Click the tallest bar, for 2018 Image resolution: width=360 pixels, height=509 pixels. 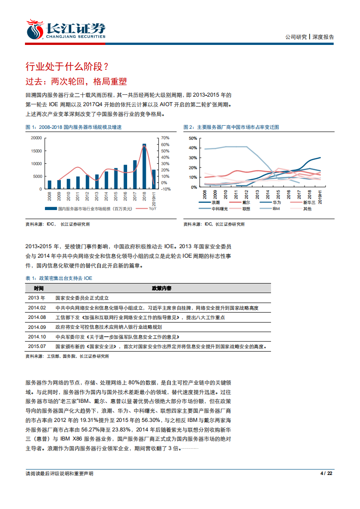144,166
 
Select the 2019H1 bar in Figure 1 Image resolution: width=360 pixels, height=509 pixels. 154,179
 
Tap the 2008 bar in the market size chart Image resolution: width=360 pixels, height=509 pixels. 49,184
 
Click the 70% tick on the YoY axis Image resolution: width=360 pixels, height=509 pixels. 165,138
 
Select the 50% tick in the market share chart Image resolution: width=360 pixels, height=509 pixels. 192,138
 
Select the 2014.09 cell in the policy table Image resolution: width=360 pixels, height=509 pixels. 37,327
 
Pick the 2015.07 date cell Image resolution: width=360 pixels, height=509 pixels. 37,347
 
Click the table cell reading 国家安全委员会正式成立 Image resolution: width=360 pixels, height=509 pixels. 82,298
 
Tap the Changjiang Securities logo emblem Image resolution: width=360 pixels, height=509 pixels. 34,29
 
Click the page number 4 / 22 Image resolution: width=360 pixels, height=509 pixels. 327,473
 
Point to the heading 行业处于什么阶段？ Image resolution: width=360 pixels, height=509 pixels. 67,67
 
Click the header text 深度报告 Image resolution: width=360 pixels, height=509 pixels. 323,37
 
